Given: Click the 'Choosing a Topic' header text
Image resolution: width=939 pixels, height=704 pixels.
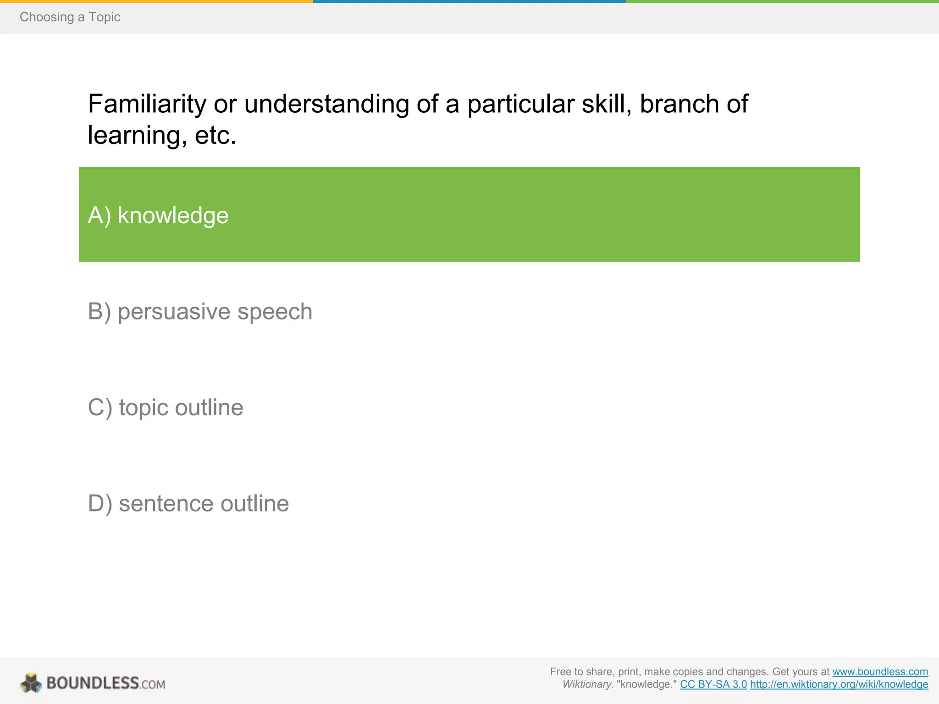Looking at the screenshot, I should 70,17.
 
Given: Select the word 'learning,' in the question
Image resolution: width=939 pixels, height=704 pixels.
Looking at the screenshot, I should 137,136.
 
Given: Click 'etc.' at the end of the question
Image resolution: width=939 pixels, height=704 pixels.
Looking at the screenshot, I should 215,136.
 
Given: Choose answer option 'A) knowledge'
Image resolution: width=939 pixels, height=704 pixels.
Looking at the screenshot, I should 158,215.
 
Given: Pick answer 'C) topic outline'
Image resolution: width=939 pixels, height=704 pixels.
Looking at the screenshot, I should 166,407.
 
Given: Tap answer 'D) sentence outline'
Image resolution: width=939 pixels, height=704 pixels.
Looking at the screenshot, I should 188,504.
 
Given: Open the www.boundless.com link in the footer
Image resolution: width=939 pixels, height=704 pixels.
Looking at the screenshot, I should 880,672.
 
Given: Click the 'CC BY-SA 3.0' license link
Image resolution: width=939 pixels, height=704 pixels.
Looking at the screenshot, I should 713,685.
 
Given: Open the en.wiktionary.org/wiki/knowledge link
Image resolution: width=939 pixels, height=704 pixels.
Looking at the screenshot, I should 839,685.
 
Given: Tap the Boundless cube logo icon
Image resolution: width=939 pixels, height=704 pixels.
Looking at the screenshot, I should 31,683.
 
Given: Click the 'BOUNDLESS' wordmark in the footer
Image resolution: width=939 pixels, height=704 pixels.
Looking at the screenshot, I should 93,683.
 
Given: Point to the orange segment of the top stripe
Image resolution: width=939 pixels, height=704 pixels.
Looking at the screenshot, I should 156,1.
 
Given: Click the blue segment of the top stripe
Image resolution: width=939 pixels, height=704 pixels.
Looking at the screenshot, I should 469,1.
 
